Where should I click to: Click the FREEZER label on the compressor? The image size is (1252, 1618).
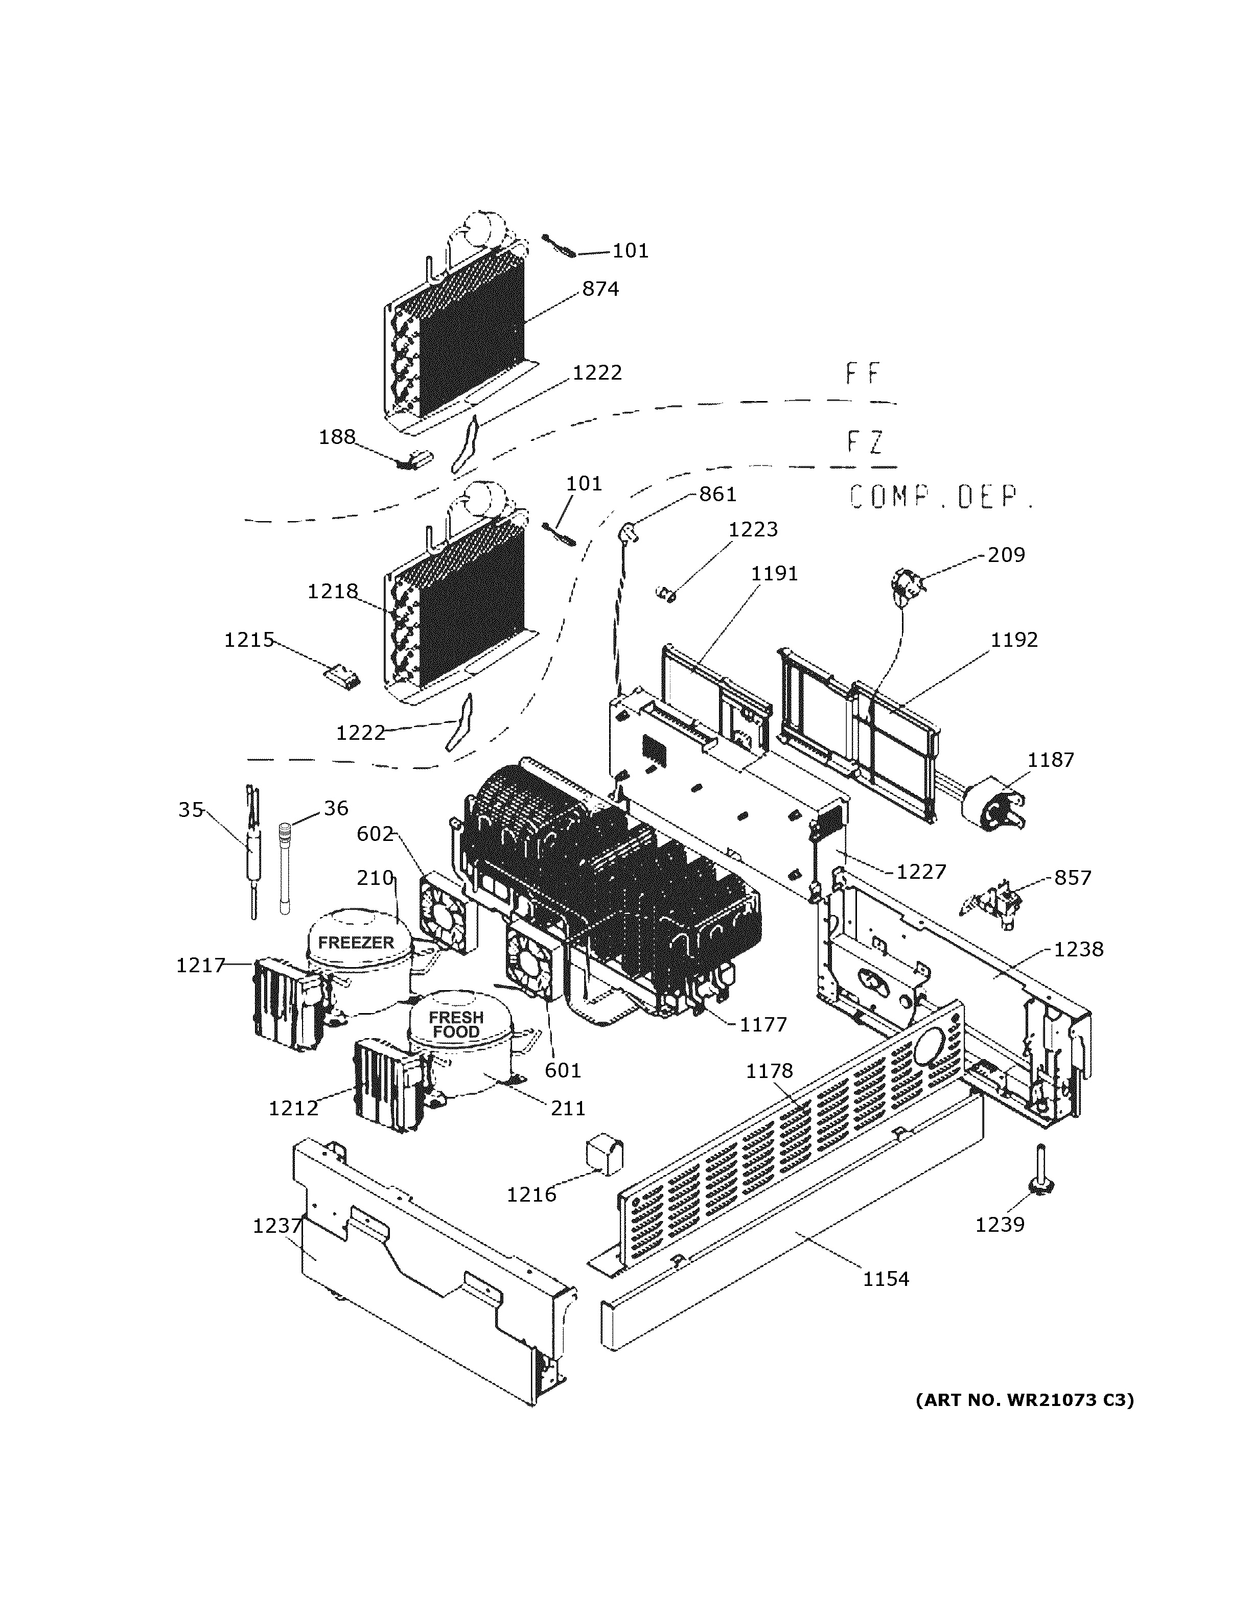tap(356, 943)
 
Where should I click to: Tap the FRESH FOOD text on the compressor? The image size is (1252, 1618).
tap(456, 1024)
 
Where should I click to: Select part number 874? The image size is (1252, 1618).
tap(600, 289)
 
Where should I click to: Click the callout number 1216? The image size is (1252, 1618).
tap(531, 1194)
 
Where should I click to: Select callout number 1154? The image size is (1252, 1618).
tap(885, 1279)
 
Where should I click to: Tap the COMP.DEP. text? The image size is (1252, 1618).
tap(941, 497)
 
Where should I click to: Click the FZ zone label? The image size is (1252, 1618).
tap(865, 442)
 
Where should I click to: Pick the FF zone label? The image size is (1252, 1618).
tap(863, 374)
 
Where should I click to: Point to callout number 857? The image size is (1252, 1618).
tap(1072, 878)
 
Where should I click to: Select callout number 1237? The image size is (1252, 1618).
tap(277, 1226)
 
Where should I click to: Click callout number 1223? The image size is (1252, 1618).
tap(753, 530)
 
